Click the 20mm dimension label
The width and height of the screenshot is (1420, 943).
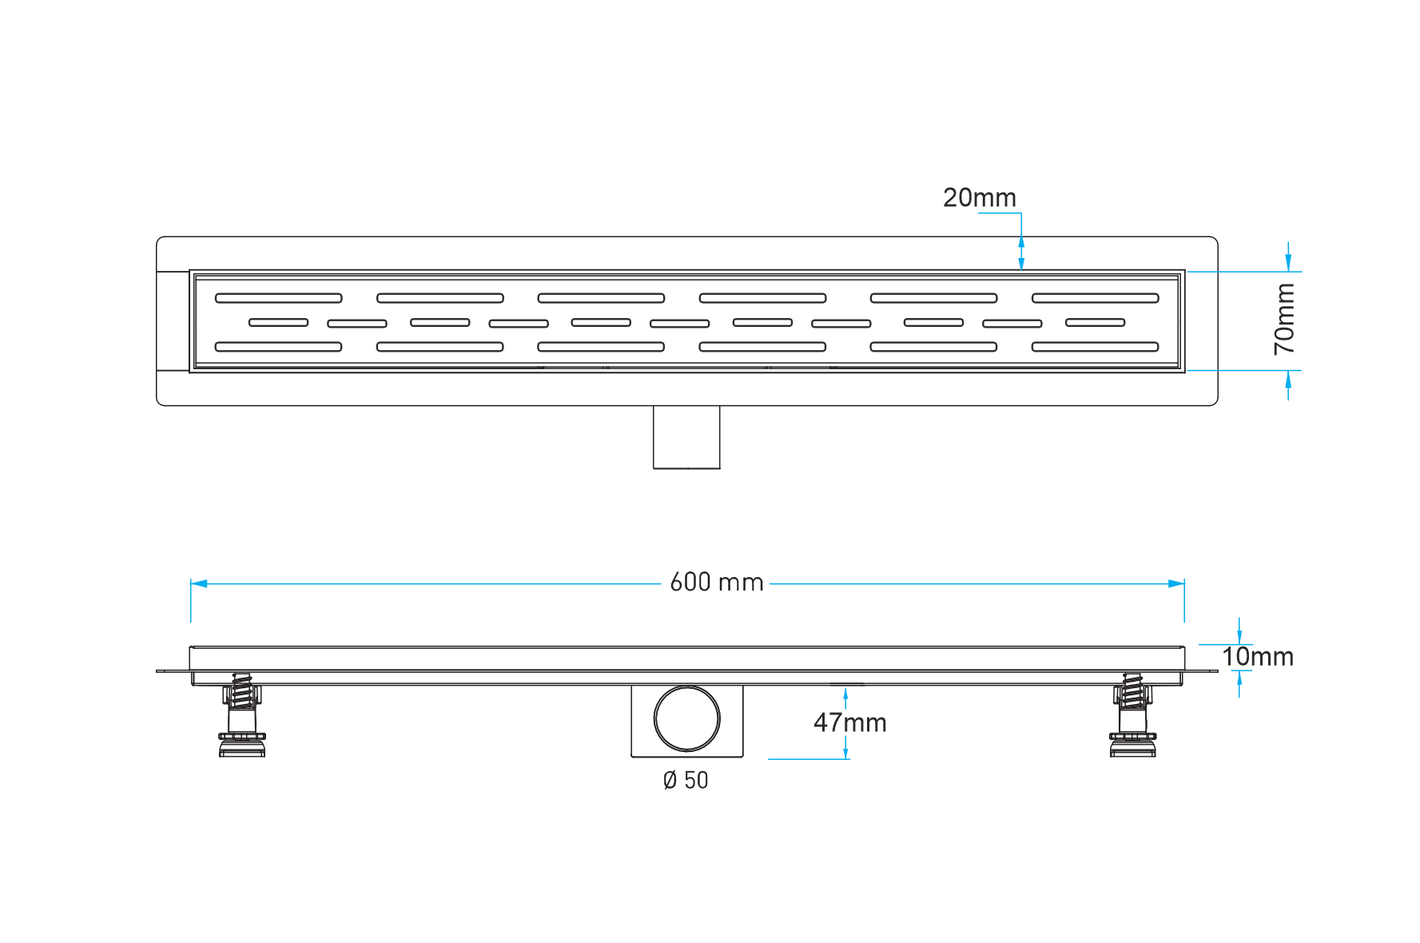[979, 197]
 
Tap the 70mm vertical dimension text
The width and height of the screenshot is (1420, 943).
[1284, 319]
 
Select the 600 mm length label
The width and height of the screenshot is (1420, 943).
[717, 582]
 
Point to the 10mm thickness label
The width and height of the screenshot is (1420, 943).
[1258, 657]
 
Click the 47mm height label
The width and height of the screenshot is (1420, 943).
[849, 722]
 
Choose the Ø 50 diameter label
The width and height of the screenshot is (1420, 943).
[686, 780]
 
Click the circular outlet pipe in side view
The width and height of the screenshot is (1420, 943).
[687, 718]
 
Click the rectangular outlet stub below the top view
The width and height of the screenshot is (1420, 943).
[686, 437]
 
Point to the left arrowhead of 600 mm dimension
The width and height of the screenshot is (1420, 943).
[199, 583]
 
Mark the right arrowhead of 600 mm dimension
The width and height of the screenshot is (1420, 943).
[1176, 583]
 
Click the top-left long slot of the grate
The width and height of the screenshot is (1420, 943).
[279, 298]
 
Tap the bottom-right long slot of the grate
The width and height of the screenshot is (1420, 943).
[1096, 347]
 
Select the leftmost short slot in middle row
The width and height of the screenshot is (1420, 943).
[279, 323]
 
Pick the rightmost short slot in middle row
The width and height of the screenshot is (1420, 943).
[1096, 323]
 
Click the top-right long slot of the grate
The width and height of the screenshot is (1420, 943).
[1096, 298]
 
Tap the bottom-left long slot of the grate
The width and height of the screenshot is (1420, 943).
[279, 347]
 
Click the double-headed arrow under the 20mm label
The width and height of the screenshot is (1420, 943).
[1021, 253]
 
